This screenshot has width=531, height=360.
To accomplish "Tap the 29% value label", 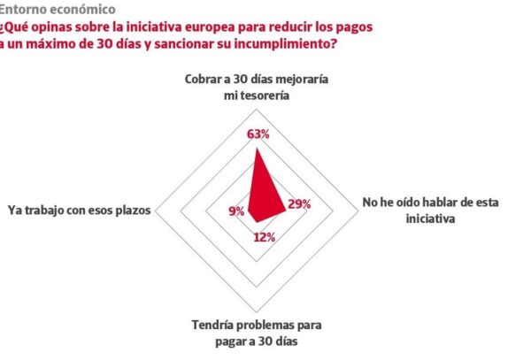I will [x=298, y=205].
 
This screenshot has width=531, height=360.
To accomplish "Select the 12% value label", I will [x=264, y=237].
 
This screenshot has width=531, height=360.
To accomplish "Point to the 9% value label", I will [x=235, y=211].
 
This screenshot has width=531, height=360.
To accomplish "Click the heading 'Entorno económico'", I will [x=58, y=10].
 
